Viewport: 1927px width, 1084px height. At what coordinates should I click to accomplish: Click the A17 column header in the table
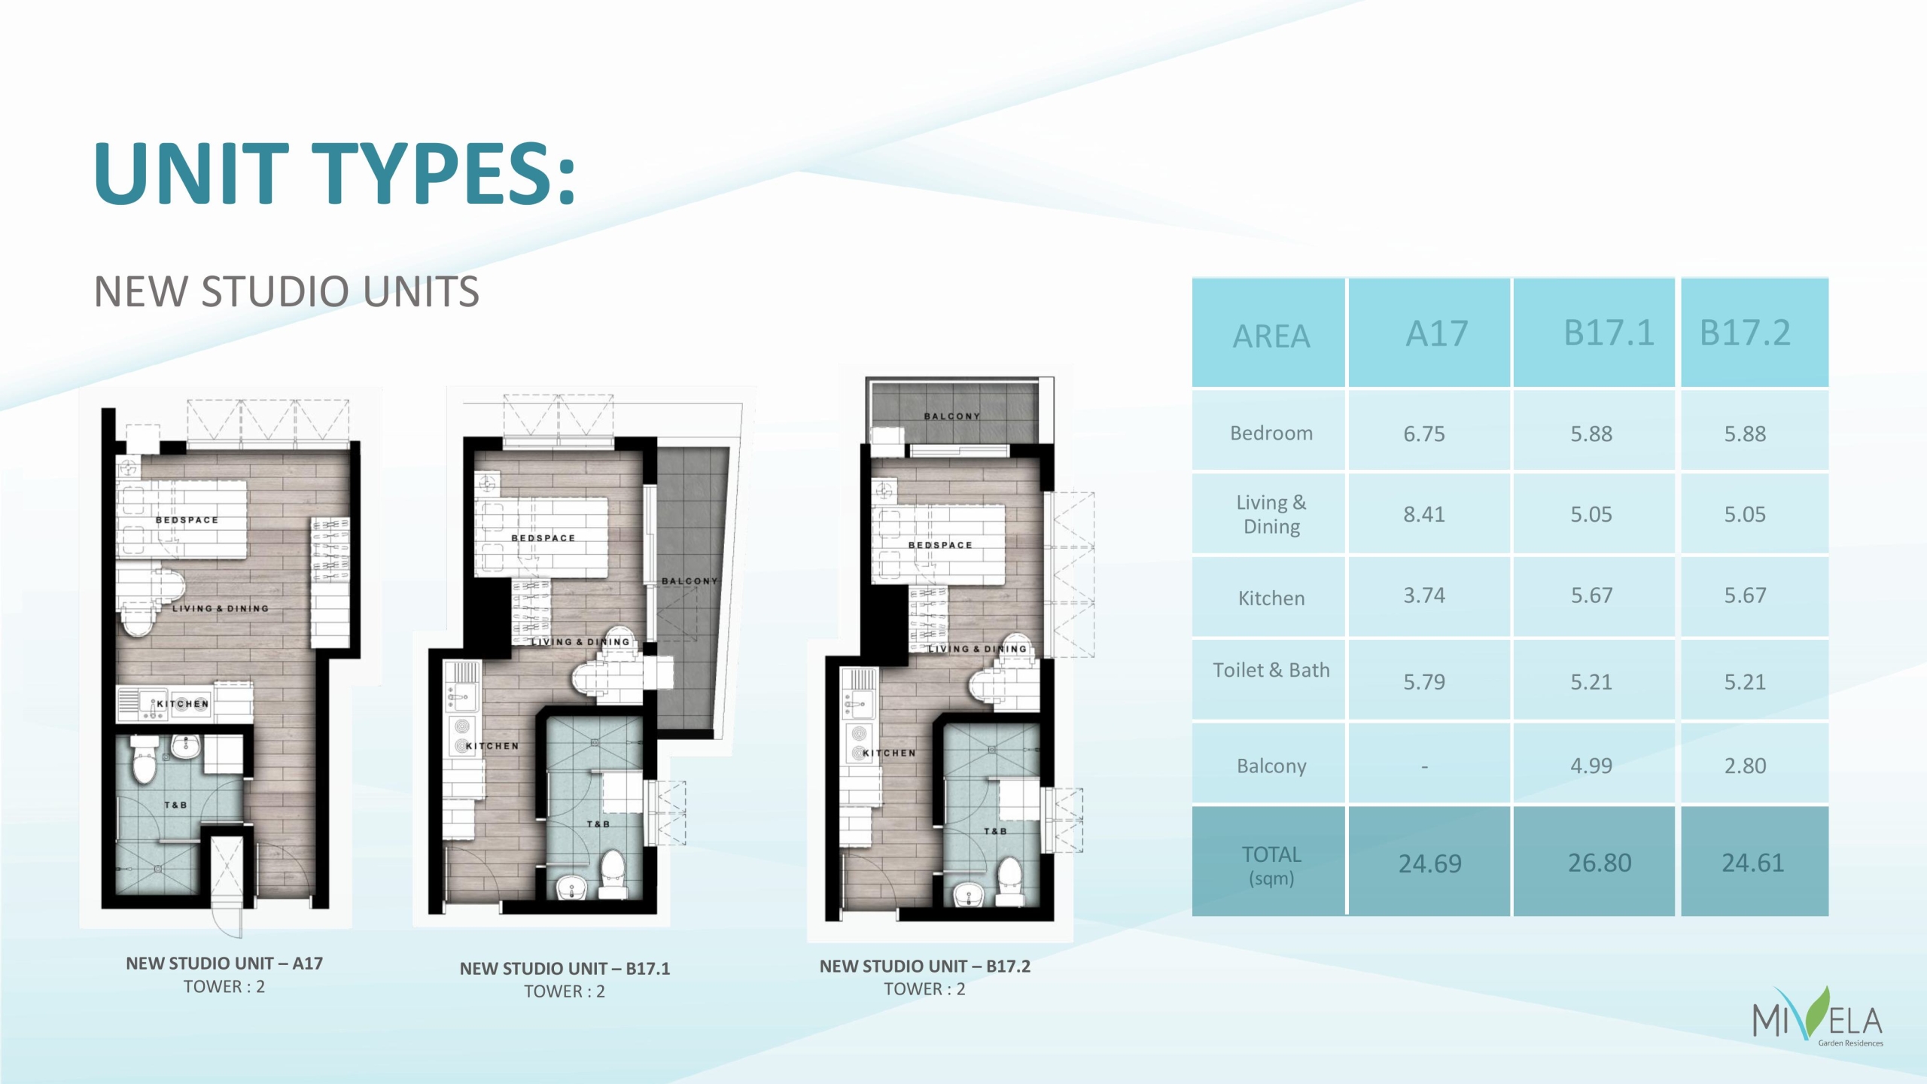tap(1436, 333)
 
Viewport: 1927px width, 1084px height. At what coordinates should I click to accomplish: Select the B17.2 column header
tap(1745, 333)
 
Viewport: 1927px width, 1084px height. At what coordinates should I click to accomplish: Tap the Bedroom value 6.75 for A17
tap(1424, 434)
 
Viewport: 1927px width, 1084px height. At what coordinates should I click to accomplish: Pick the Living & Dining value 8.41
tap(1424, 515)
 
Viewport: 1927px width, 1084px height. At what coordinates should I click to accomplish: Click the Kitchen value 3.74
tap(1424, 595)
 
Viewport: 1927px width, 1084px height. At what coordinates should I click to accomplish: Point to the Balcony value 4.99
tap(1591, 766)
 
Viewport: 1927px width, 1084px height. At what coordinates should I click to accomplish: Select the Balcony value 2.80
tap(1745, 766)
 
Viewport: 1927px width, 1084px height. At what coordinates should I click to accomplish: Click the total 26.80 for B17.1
tap(1600, 863)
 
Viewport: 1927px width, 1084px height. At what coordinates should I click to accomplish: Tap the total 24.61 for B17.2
tap(1753, 863)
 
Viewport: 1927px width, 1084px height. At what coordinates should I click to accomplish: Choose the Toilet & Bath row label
tap(1271, 670)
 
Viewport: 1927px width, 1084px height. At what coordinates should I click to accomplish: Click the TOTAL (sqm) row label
tap(1271, 866)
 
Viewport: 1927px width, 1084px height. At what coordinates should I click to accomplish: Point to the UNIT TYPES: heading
tap(335, 173)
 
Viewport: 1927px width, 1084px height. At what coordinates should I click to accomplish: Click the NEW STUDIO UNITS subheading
tap(286, 291)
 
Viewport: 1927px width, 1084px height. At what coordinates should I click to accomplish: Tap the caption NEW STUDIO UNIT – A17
tap(224, 963)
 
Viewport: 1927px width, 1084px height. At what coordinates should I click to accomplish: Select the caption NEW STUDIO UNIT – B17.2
tap(925, 966)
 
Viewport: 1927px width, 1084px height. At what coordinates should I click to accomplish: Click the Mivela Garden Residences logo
tap(1818, 1017)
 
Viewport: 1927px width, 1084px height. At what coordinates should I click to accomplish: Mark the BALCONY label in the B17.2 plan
tap(952, 416)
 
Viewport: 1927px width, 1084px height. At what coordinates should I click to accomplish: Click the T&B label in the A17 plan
tap(175, 805)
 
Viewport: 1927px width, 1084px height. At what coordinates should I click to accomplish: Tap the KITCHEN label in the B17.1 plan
tap(492, 746)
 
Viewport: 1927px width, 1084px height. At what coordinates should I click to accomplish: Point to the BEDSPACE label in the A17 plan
tap(187, 520)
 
